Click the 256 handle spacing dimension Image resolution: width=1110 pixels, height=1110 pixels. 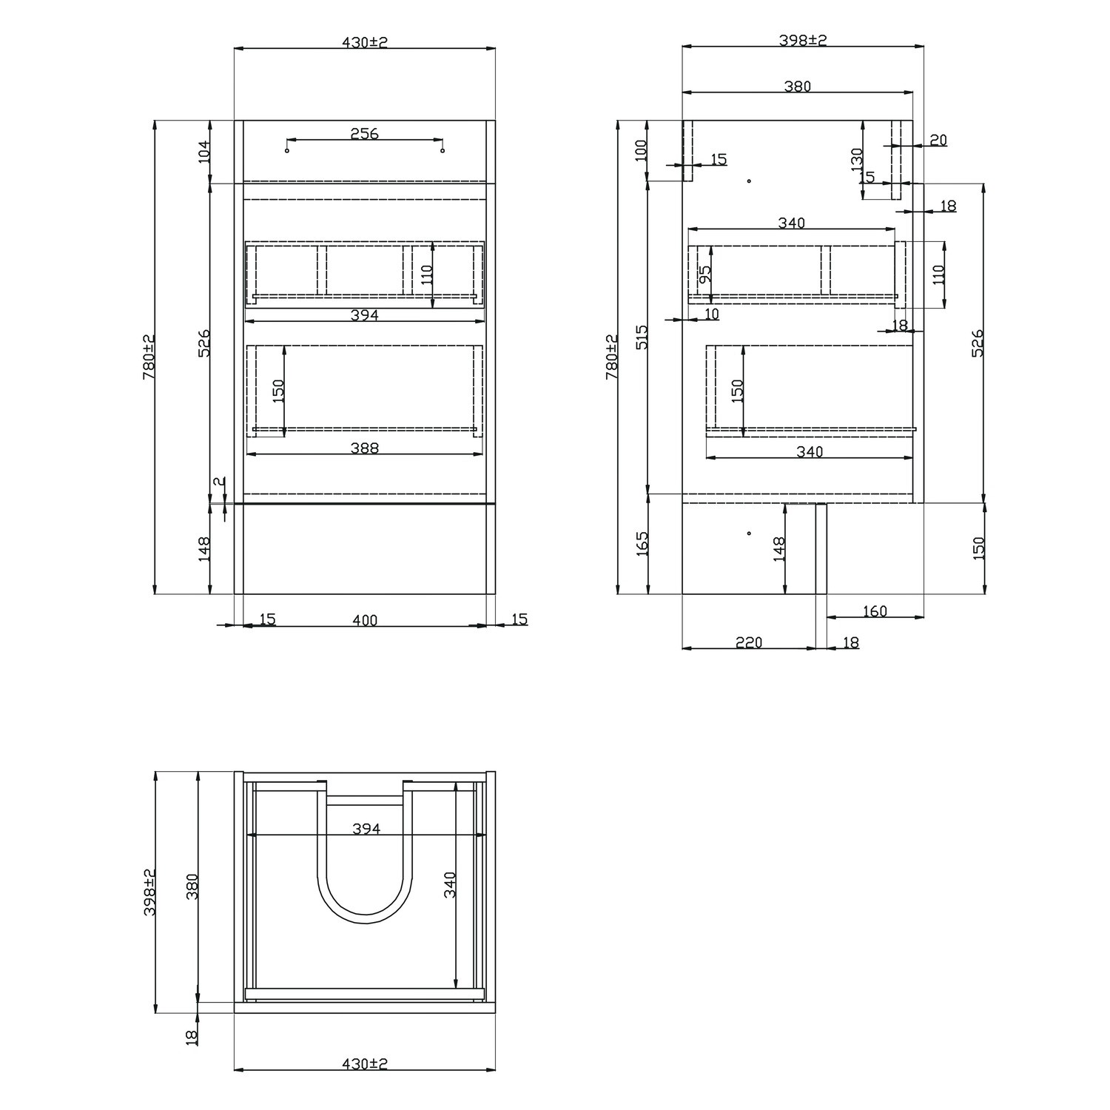pos(364,134)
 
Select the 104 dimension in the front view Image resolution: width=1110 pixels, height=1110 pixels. pos(205,152)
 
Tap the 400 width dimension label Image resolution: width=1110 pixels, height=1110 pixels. pos(364,620)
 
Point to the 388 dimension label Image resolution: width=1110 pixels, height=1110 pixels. pos(364,448)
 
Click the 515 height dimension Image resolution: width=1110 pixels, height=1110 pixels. pos(641,337)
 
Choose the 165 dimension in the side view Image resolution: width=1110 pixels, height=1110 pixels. pos(642,544)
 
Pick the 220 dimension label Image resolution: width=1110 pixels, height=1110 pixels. pos(749,642)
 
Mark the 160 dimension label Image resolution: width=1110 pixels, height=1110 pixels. pos(875,611)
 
